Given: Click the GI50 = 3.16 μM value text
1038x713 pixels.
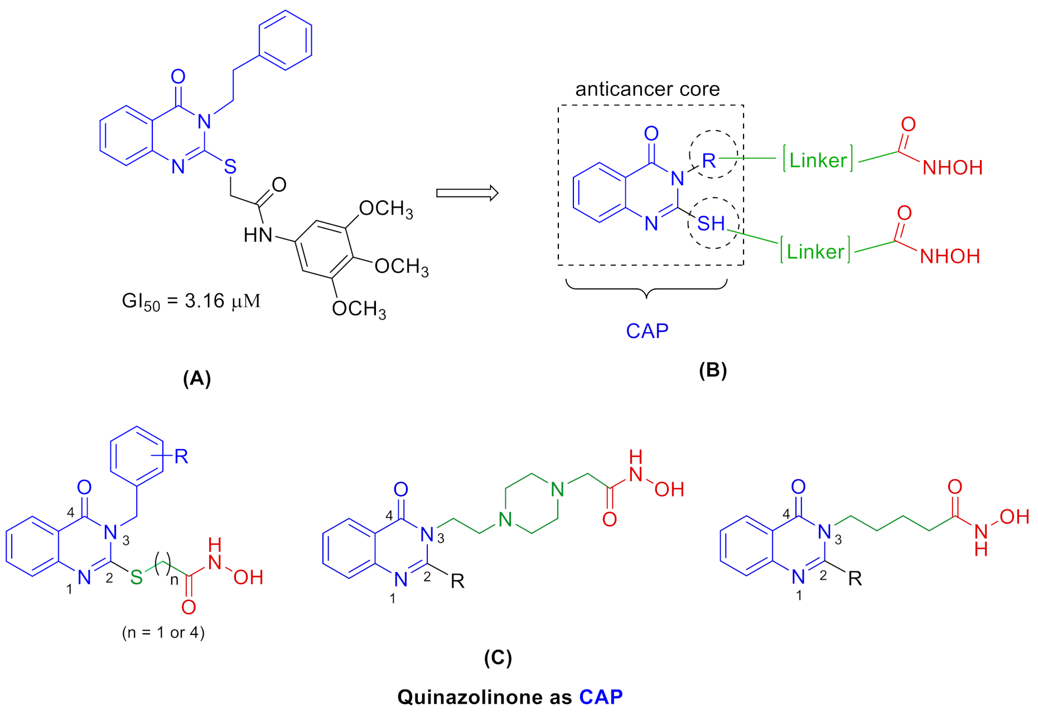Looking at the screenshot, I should [x=191, y=302].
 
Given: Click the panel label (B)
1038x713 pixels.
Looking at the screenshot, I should [x=713, y=370].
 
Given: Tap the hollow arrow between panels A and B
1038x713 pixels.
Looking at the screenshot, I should [x=467, y=193].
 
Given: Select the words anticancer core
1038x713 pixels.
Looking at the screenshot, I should [x=647, y=89].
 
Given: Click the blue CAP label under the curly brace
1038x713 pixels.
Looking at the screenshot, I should [x=647, y=331].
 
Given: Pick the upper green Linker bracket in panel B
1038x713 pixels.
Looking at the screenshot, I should [x=818, y=160].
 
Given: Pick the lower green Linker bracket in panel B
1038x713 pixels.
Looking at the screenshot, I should [x=815, y=251].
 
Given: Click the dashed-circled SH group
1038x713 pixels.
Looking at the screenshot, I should [x=712, y=224].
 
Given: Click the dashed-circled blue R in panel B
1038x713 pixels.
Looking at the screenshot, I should [x=709, y=161].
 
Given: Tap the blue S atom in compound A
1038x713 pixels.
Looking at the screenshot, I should [x=230, y=166].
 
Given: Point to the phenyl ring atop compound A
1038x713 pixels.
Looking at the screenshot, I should [x=285, y=40].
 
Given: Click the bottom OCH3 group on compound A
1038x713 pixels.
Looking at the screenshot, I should [x=359, y=309].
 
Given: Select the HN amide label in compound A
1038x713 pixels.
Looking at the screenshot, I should [x=258, y=235].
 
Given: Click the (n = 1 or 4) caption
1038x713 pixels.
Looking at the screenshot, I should [x=163, y=632].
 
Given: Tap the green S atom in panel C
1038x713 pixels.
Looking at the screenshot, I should [x=137, y=577].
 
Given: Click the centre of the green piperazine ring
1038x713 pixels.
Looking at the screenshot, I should [x=531, y=504].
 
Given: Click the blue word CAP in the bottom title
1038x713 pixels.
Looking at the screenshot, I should [x=601, y=697].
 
